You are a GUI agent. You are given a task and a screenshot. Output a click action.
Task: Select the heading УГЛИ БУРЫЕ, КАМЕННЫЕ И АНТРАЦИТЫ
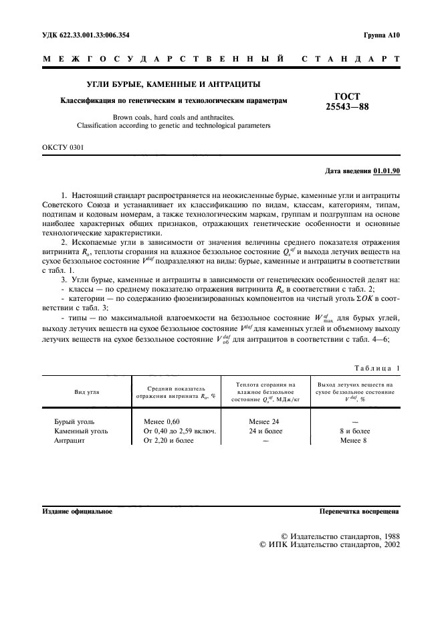173,84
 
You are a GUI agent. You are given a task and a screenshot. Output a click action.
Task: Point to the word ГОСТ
347,96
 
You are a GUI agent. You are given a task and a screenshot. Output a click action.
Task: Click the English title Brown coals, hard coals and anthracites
173,117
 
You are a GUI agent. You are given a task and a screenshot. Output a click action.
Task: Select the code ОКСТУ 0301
63,146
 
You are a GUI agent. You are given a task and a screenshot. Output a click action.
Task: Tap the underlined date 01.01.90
386,171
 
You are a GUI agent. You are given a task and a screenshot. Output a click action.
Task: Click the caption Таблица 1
375,369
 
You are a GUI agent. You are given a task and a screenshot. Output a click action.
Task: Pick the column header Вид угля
87,392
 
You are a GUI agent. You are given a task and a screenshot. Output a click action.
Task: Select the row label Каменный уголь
81,431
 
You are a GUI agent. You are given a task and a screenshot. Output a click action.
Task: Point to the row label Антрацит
70,441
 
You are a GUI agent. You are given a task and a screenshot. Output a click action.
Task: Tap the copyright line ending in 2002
330,545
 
